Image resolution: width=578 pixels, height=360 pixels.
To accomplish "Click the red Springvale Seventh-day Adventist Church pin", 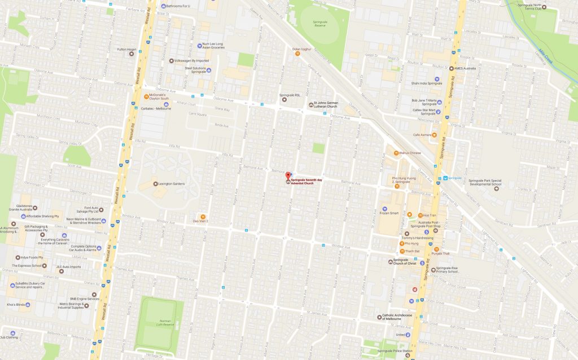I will pos(289,176).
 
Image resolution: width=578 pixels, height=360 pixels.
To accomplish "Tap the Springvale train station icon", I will pos(445,178).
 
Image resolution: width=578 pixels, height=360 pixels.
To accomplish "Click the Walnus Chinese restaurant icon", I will pos(396,152).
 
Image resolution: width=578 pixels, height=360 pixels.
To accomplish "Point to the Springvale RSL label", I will pos(293,95).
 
